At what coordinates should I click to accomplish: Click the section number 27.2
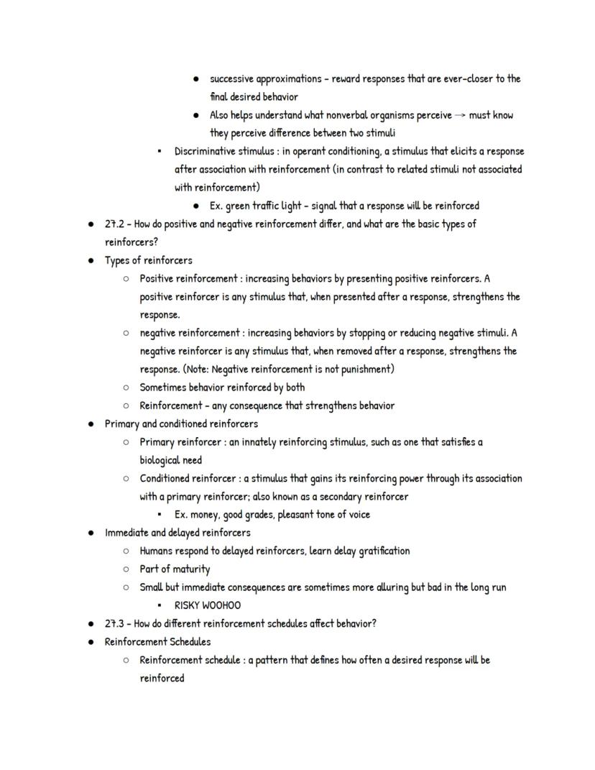coord(115,224)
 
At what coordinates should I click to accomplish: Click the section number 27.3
coord(115,624)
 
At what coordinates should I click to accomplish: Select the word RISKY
coord(187,606)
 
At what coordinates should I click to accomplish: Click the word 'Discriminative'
coord(207,152)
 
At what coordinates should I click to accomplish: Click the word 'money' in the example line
coord(204,515)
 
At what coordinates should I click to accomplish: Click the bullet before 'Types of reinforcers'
coord(91,261)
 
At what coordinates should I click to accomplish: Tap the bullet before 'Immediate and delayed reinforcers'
coord(91,533)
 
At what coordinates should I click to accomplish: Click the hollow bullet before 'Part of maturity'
coord(126,569)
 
